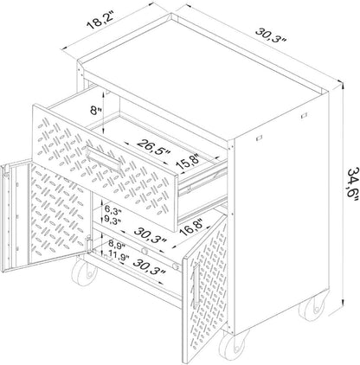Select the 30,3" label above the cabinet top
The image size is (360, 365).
pos(270,35)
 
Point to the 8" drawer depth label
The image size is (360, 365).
pos(96,111)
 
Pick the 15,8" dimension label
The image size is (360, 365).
pos(189,163)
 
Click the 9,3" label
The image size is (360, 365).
pos(112,221)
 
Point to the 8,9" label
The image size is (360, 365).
pos(117,246)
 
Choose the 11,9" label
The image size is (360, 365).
pos(119,254)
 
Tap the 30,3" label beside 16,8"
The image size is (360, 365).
pos(151,235)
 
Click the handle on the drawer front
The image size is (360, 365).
pos(104,159)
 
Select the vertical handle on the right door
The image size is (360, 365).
pos(196,285)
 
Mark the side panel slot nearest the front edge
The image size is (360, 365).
pos(258,138)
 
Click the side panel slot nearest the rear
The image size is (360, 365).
pos(303,116)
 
